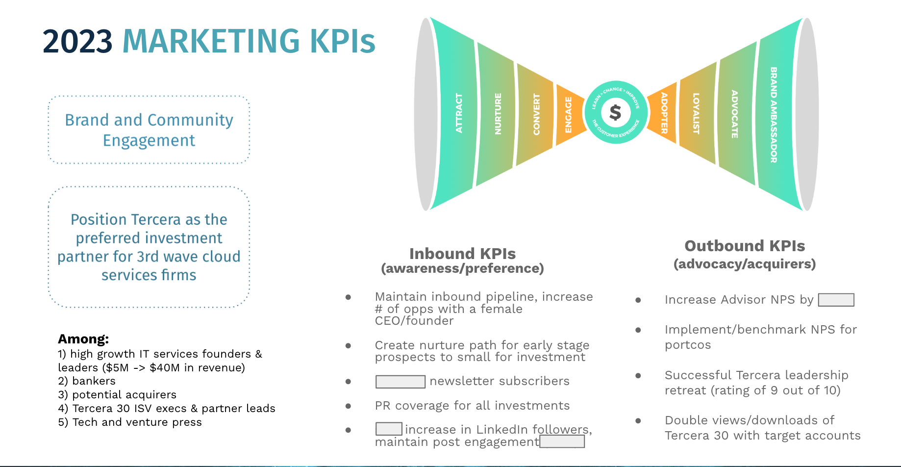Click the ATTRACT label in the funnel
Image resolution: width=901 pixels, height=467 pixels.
[459, 113]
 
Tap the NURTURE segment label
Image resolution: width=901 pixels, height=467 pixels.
[498, 114]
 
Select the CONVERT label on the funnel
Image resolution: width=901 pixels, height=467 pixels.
[536, 114]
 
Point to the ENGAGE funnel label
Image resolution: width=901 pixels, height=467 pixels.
[569, 115]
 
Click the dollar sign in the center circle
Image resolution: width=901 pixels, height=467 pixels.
[615, 112]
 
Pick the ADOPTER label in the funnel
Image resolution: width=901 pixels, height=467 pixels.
[664, 113]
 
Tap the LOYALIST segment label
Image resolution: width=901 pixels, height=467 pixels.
[696, 113]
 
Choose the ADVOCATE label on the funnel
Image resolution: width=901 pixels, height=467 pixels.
[734, 114]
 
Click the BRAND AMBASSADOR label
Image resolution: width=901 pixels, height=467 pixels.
[774, 115]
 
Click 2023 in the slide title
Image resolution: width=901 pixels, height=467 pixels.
[77, 41]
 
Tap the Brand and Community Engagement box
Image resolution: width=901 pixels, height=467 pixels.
[149, 130]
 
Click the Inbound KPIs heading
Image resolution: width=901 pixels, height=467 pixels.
[462, 254]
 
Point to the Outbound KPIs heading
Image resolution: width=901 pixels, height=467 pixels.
[745, 246]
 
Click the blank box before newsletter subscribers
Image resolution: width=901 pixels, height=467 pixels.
[400, 382]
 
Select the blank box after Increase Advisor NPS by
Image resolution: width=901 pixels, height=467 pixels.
[836, 300]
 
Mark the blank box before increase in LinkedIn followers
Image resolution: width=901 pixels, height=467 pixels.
[389, 429]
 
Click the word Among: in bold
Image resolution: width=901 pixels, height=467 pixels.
[83, 339]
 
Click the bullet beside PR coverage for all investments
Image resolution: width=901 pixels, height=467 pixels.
[348, 406]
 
